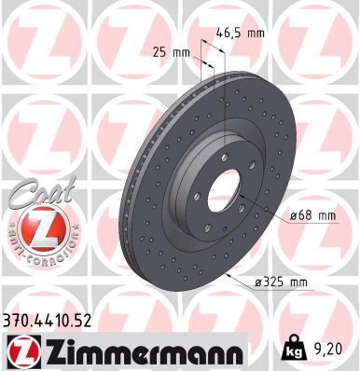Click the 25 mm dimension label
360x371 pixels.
[x=169, y=52]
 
